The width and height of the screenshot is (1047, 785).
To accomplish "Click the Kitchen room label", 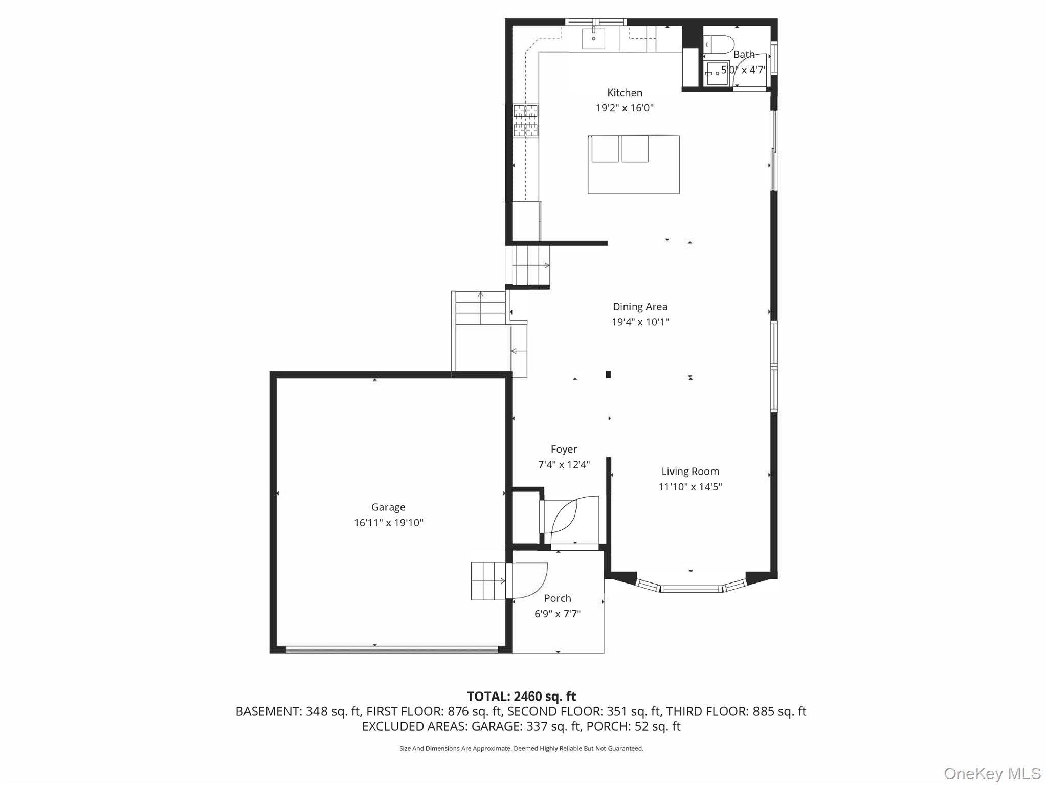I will pos(625,93).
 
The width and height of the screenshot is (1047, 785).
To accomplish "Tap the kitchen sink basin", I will pos(593,38).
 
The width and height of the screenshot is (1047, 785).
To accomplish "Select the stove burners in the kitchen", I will pos(525,121).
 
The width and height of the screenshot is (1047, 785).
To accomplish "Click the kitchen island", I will pos(633,165).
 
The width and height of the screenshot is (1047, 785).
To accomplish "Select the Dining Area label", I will pos(640,307).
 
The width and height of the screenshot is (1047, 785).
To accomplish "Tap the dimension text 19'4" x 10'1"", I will pos(640,322).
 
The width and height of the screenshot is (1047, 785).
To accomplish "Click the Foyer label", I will pos(564,450).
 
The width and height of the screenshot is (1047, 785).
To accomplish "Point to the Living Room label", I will pos(690,472).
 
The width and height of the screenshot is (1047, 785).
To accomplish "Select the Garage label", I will pos(388,507).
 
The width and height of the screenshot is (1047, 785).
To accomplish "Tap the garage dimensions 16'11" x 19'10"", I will pos(388,523).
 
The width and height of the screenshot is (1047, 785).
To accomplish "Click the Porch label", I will pos(558,598).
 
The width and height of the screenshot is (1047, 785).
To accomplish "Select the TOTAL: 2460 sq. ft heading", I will pos(521,697).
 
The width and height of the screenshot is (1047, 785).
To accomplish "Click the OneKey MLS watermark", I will pos(992,774).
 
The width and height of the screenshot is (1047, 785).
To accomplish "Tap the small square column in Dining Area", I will pos(608,375).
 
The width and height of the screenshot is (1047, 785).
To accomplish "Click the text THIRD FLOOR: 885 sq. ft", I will pos(736,711).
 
